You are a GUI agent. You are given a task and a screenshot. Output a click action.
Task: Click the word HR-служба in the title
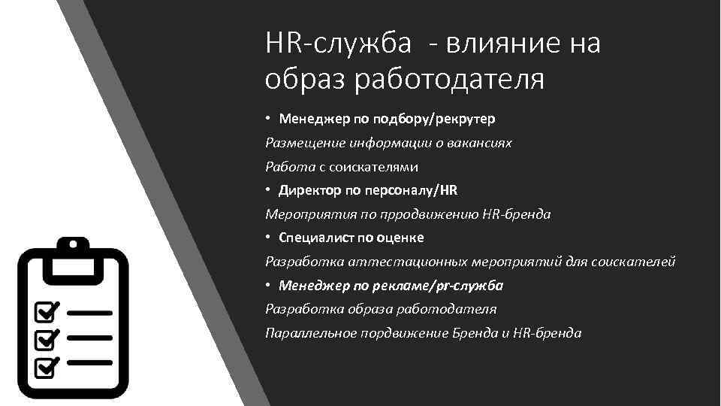[339, 44]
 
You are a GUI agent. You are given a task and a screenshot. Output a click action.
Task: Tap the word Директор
[307, 190]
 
